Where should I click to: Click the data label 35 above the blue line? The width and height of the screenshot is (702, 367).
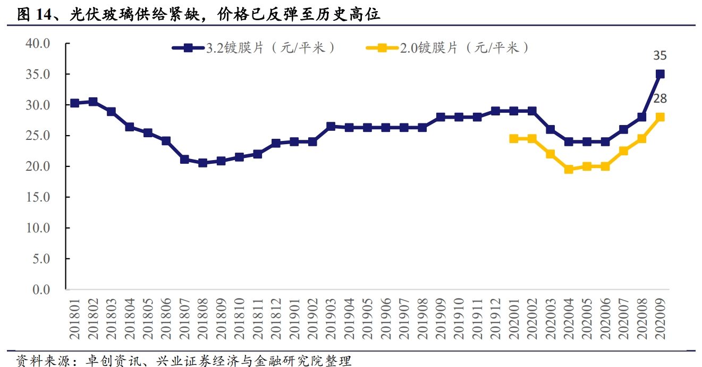(x=660, y=56)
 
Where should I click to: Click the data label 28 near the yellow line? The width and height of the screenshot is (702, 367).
(x=660, y=99)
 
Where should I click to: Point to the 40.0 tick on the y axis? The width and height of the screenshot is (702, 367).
(x=37, y=44)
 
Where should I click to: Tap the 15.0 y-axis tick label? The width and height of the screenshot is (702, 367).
(x=37, y=197)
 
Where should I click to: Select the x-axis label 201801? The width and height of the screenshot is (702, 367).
(x=75, y=319)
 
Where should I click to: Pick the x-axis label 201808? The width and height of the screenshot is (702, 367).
(x=203, y=319)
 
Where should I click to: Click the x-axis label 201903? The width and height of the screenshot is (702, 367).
(x=331, y=319)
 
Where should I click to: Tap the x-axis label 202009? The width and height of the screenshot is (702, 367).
(x=660, y=319)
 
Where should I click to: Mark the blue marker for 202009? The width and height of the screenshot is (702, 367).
(x=660, y=74)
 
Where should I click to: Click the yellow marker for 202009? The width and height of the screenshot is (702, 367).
(x=660, y=117)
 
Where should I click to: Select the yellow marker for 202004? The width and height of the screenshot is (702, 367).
(x=569, y=169)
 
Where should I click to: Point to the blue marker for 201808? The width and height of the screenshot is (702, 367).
(x=203, y=163)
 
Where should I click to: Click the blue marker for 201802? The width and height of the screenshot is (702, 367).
(x=93, y=102)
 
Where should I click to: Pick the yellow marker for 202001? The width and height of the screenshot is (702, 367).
(x=514, y=138)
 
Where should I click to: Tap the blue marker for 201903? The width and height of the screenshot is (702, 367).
(x=331, y=126)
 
